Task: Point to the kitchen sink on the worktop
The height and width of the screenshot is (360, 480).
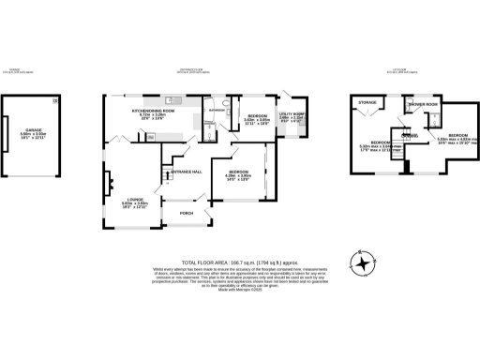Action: [172, 99]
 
